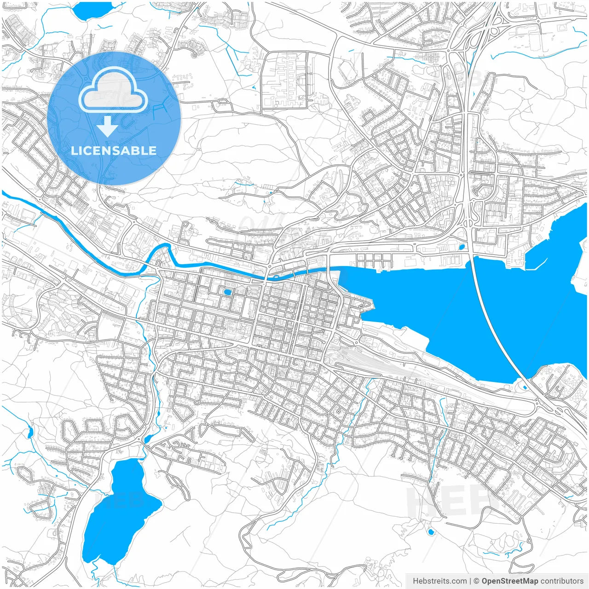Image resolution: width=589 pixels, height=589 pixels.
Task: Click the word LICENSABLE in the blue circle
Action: click(114, 150)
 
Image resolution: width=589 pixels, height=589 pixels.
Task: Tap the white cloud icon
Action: click(113, 92)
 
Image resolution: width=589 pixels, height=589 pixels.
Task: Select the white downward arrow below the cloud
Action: click(107, 126)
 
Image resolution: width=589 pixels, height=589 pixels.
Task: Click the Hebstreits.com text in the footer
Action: click(440, 581)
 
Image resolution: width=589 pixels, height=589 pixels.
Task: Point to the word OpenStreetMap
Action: click(509, 581)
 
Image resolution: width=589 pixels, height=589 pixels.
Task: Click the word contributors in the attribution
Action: click(562, 581)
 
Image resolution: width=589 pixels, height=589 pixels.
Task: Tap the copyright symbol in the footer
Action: click(477, 581)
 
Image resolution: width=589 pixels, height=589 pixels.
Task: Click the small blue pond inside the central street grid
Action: click(227, 292)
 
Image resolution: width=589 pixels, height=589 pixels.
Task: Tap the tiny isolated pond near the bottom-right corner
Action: click(431, 532)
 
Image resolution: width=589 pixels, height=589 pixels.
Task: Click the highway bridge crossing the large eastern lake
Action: click(492, 322)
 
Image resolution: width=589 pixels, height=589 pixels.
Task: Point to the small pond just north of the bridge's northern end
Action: click(461, 247)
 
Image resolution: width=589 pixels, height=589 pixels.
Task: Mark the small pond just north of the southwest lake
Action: click(147, 439)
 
